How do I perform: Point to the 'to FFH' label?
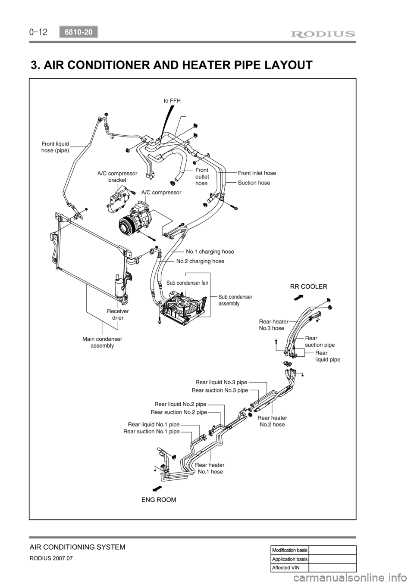pos(172,100)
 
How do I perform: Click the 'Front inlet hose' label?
pos(257,173)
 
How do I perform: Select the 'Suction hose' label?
pos(254,183)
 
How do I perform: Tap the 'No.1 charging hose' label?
pos(210,251)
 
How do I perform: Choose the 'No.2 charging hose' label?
pos(200,261)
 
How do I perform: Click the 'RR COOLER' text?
pos(308,286)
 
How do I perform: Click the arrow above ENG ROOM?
pos(157,488)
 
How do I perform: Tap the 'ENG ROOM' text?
pos(159,500)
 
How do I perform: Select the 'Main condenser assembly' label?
pos(102,342)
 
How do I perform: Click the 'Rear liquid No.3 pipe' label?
pos(221,382)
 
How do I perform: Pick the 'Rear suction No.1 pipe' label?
pos(151,431)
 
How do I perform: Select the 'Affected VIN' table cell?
pos(289,567)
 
